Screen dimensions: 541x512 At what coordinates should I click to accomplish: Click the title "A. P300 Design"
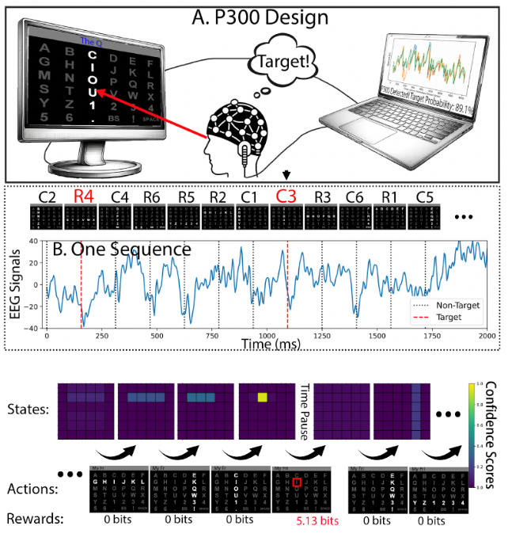click(254, 15)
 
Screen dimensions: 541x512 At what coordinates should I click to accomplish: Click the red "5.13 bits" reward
click(295, 521)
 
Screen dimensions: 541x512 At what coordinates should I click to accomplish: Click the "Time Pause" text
click(303, 411)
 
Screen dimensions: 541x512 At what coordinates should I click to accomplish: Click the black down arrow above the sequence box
click(285, 173)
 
